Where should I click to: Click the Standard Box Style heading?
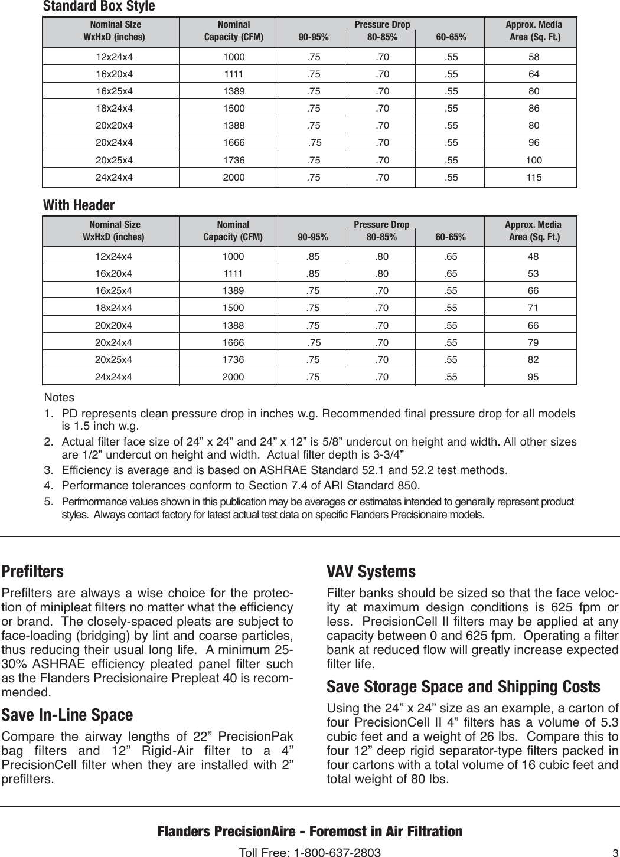coord(99,6)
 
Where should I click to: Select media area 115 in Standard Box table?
coord(534,177)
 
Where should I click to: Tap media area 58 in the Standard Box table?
coord(534,57)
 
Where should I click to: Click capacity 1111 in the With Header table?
coord(233,274)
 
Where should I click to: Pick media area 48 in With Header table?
coord(533,257)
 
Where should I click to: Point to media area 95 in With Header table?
coord(533,377)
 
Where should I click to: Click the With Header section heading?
coord(79,205)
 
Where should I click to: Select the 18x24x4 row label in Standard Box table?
coord(115,109)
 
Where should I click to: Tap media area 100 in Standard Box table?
coord(534,160)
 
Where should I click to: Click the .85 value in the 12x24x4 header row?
coord(313,257)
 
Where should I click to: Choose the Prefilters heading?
coord(32,571)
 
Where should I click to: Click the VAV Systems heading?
coord(371,571)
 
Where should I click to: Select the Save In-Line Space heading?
coord(67,715)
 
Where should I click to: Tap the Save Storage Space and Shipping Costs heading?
coord(463,686)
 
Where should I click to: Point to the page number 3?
coord(614,852)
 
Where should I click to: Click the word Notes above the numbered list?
coord(59,398)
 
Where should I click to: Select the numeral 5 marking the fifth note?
coord(47,502)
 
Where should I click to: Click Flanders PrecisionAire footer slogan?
coord(309,832)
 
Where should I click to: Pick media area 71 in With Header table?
coord(533,308)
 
